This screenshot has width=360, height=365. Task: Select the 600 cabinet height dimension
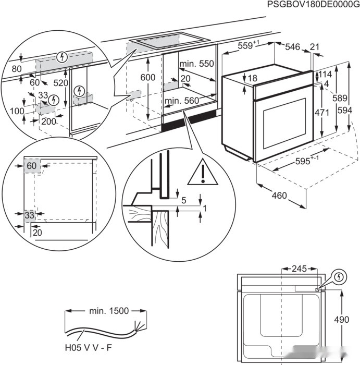pyautogui.click(x=148, y=77)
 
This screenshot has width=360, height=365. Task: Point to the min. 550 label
pyautogui.click(x=196, y=64)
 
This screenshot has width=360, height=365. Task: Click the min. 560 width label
pyautogui.click(x=182, y=100)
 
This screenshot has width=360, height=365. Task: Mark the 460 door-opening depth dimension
pyautogui.click(x=279, y=196)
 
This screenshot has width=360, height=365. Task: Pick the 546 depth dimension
pyautogui.click(x=292, y=47)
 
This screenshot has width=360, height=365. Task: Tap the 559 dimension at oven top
pyautogui.click(x=247, y=46)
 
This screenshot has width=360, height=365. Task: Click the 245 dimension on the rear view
pyautogui.click(x=299, y=269)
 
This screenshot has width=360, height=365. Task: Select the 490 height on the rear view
pyautogui.click(x=341, y=319)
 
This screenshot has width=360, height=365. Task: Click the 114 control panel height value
pyautogui.click(x=326, y=74)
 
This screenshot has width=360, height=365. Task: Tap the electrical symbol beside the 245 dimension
pyautogui.click(x=339, y=276)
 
